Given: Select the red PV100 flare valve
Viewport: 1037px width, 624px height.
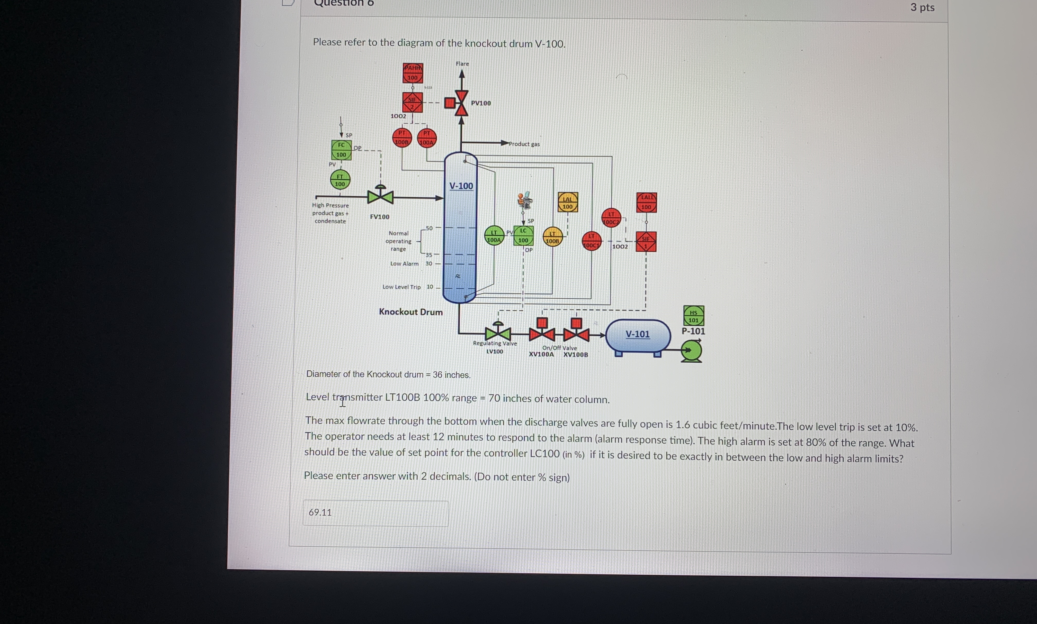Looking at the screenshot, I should click(x=461, y=103).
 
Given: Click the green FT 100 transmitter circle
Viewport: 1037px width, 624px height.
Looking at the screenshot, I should click(x=340, y=180).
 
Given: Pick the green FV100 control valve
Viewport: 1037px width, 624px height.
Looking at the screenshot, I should click(x=380, y=196).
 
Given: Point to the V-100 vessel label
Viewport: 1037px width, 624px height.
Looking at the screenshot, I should click(x=461, y=186).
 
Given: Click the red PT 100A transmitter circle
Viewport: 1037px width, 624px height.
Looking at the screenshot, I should click(x=427, y=138).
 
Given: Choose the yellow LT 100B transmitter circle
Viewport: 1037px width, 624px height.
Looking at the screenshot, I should click(x=552, y=237).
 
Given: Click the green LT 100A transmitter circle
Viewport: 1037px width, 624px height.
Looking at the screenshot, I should click(x=494, y=236).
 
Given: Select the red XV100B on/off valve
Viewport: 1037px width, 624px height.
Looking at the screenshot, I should click(x=576, y=334).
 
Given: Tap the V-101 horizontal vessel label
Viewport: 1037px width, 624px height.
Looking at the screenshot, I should click(x=637, y=334).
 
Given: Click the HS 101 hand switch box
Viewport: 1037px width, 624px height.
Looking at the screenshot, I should click(x=693, y=316).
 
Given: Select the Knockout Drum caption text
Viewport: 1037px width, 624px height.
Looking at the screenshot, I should click(x=410, y=312).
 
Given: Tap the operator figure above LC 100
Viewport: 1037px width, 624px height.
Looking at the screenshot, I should click(x=525, y=200).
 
